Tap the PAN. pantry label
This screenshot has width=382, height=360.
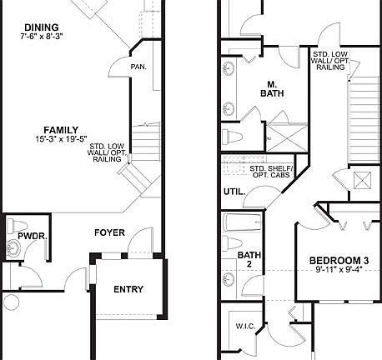[138, 67]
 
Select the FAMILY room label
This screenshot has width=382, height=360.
[63, 130]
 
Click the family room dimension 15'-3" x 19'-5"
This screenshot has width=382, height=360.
[61, 140]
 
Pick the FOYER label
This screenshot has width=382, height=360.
[109, 232]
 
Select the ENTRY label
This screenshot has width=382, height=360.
[128, 289]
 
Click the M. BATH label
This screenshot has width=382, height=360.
[272, 89]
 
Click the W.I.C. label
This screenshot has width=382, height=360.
[245, 326]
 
